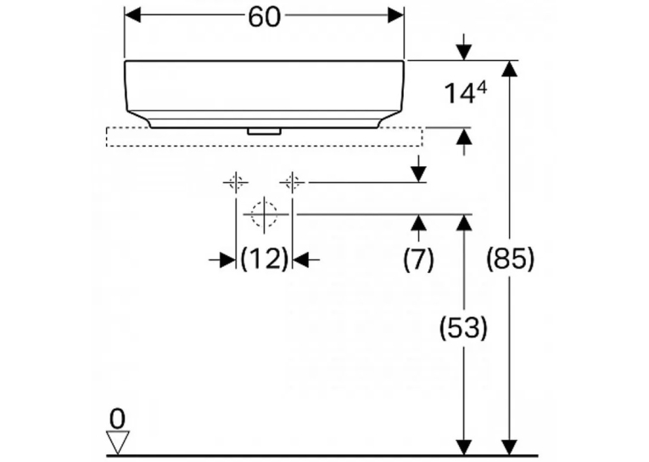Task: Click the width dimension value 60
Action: coord(264,17)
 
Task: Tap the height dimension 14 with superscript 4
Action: coord(465,92)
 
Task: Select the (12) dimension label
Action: coord(264,259)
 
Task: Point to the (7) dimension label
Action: coord(419,259)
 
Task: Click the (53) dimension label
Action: coord(463,328)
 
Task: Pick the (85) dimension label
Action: coord(510,259)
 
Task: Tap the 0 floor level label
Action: coord(117,419)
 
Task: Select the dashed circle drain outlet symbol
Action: coord(264,214)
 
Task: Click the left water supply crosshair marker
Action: coord(236,182)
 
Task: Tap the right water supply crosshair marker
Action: coord(292,182)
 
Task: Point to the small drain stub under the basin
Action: coord(264,131)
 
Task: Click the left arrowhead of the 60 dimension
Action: coord(132,16)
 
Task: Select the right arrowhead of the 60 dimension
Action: coord(395,16)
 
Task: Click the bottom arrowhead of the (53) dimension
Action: coord(463,448)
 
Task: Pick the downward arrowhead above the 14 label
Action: coord(464,53)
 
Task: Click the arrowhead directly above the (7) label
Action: coord(419,222)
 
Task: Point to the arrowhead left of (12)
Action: coord(227,259)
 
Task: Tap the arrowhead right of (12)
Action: coord(301,259)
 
